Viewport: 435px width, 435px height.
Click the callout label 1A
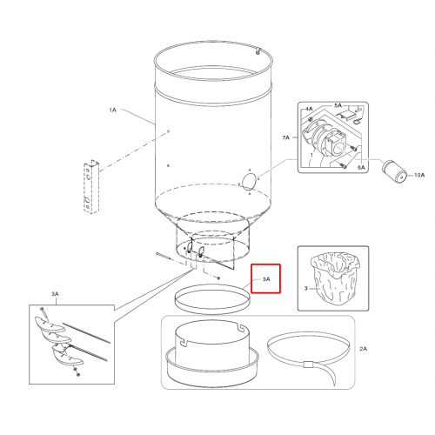[112, 110]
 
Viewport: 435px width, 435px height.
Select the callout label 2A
[363, 349]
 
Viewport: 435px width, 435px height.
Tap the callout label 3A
[55, 294]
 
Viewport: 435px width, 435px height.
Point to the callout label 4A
[309, 109]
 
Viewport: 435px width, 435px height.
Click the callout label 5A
[338, 105]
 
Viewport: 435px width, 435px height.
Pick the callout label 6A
[361, 168]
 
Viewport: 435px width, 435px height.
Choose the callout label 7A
[286, 137]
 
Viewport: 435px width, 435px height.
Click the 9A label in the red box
[266, 279]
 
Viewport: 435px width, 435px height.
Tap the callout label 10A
[419, 175]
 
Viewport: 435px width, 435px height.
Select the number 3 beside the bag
[306, 289]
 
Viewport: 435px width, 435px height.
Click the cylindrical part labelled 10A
[393, 171]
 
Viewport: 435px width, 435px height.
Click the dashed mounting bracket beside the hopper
[91, 187]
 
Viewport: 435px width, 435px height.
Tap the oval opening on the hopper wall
[249, 182]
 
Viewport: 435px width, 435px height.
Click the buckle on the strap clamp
[308, 364]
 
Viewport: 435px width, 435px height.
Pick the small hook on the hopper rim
[258, 51]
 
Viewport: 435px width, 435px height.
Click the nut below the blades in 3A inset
[77, 375]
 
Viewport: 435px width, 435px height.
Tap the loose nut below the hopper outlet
[218, 278]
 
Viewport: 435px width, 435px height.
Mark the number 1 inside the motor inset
[311, 155]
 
